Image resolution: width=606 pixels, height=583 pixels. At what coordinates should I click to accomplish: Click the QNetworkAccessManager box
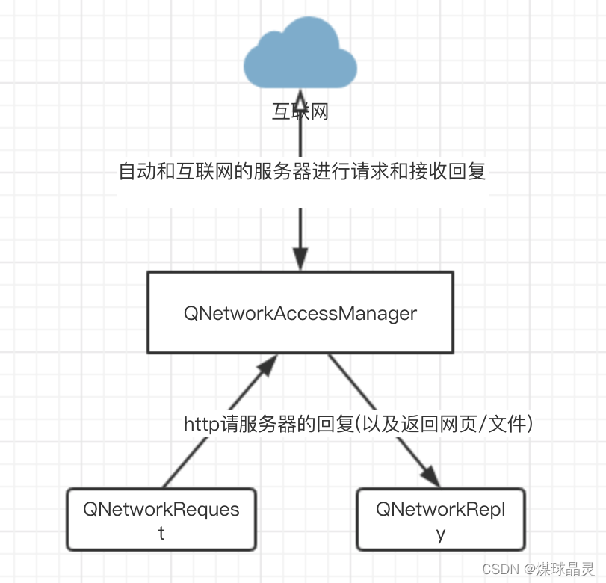[x=300, y=312]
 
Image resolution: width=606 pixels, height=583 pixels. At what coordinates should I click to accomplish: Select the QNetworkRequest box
[x=161, y=520]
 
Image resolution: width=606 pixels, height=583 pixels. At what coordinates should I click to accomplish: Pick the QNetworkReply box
[x=441, y=520]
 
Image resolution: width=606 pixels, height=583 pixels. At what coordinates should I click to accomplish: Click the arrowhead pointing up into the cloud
[x=300, y=99]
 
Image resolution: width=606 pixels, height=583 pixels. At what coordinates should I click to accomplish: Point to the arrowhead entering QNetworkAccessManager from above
[x=300, y=259]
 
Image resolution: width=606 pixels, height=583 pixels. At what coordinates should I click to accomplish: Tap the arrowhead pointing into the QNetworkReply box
[x=430, y=476]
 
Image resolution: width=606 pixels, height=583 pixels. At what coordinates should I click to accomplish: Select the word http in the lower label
[x=200, y=425]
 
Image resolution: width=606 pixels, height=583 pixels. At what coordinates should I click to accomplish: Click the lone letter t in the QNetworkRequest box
[x=161, y=534]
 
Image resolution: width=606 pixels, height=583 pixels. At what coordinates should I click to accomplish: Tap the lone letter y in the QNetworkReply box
[x=441, y=534]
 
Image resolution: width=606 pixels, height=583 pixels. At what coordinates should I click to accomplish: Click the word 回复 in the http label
[x=335, y=425]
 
